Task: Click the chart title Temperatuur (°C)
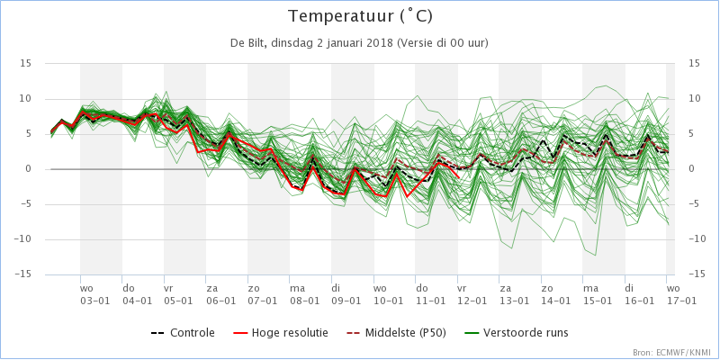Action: (360, 16)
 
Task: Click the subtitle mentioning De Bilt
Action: (359, 43)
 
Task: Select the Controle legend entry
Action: (183, 333)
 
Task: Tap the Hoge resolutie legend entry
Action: (280, 333)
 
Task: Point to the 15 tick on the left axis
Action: (25, 63)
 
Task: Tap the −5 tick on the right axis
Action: (694, 204)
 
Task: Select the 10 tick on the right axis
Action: (694, 99)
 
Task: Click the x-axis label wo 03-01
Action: (94, 294)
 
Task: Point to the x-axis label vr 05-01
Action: (178, 294)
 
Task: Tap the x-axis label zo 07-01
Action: (262, 294)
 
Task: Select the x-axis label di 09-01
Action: (346, 294)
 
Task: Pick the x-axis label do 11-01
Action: (430, 294)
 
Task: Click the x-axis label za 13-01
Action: (513, 294)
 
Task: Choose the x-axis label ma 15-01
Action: (597, 294)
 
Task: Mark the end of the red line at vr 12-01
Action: (458, 177)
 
